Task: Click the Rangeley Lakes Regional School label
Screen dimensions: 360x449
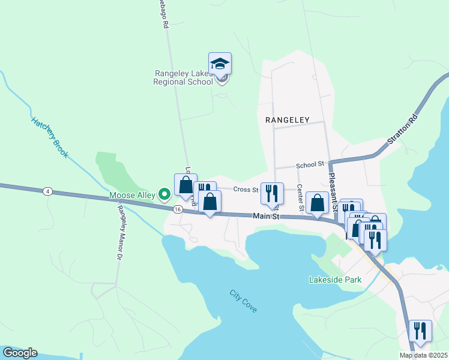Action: click(184, 77)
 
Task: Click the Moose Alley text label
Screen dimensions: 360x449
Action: click(131, 195)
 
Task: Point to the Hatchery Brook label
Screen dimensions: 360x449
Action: click(50, 137)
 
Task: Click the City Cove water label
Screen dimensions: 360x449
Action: click(243, 301)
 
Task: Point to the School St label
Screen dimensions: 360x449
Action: click(310, 164)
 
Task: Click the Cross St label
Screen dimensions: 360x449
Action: click(245, 189)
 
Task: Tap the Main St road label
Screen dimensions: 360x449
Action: click(267, 216)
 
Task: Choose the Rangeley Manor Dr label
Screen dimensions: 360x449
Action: click(119, 232)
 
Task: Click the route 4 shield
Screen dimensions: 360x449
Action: click(46, 191)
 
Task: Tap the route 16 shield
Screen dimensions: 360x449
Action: click(178, 209)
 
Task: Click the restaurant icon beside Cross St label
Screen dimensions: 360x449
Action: click(272, 193)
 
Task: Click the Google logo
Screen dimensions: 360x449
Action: click(19, 353)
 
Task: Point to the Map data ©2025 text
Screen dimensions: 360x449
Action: click(423, 355)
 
